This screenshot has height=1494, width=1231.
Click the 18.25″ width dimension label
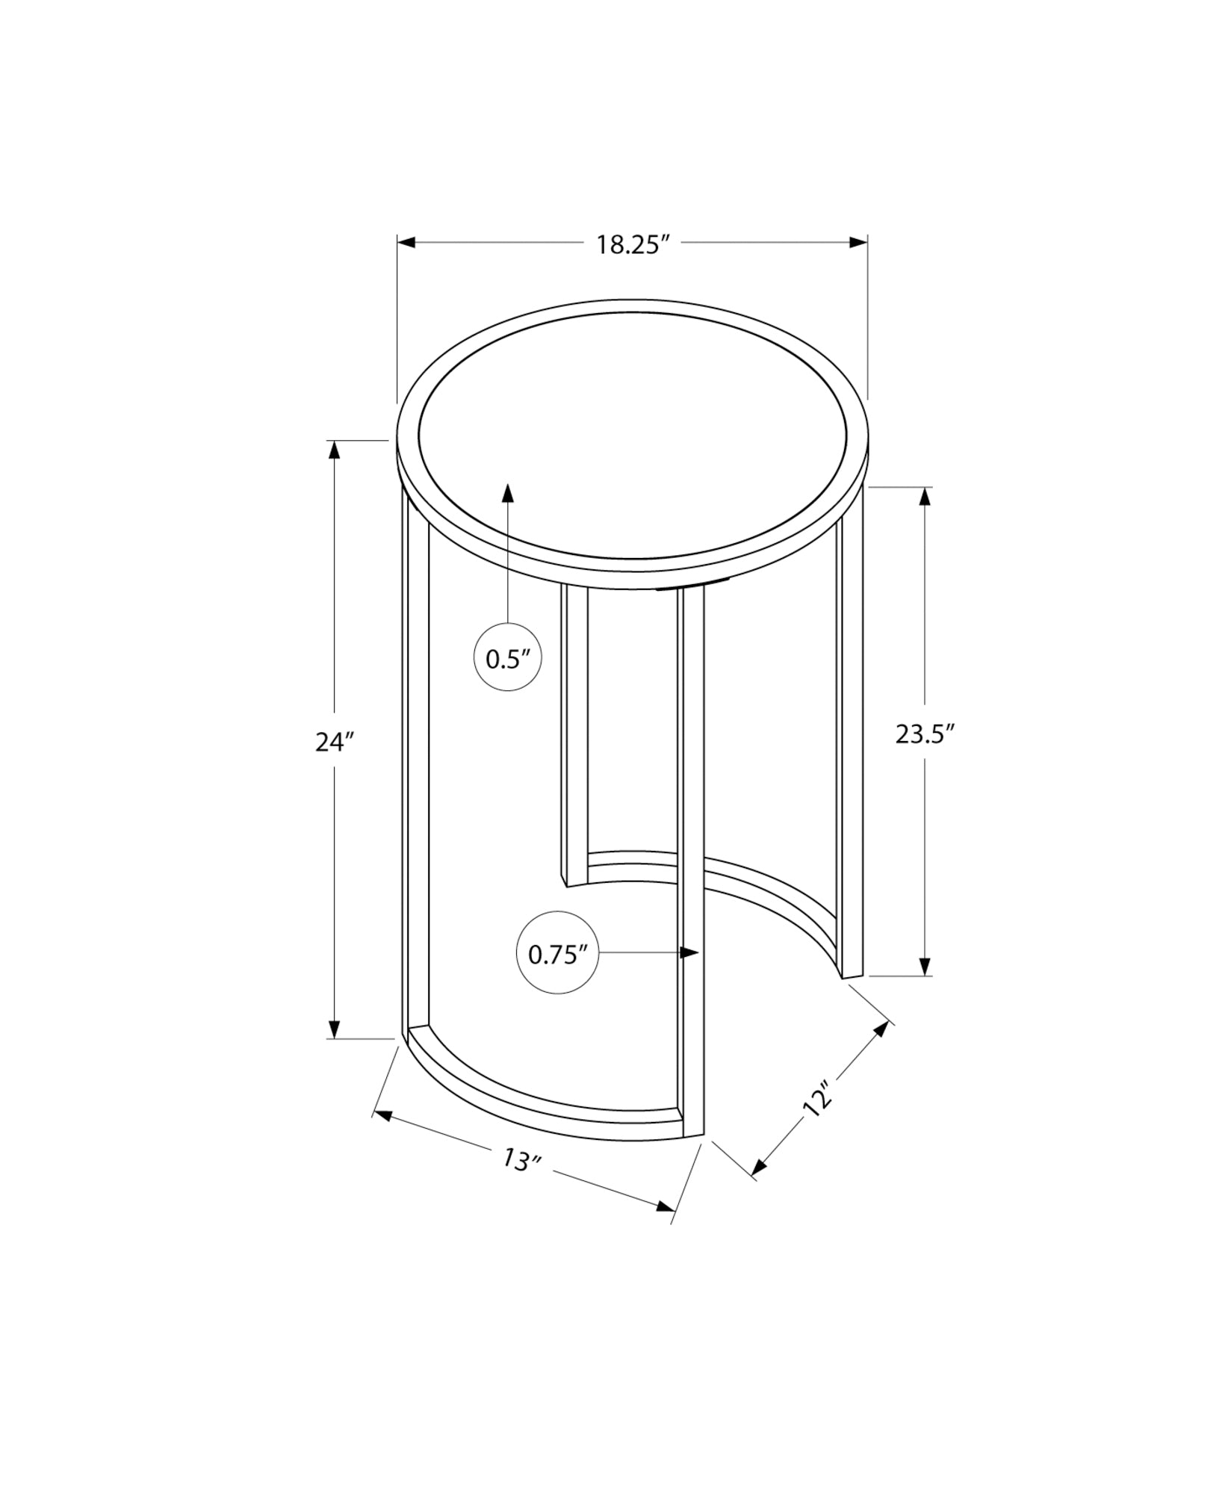(631, 245)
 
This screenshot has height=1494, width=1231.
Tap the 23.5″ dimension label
(925, 734)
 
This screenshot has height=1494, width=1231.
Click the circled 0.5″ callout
(508, 658)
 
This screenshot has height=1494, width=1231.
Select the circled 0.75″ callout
(557, 953)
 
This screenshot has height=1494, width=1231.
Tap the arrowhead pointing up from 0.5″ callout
(508, 494)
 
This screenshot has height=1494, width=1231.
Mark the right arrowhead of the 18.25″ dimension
(858, 242)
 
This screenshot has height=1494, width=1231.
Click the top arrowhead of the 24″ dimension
(334, 450)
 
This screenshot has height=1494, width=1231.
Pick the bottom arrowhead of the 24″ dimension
(334, 1029)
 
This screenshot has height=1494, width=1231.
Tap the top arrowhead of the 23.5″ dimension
(926, 497)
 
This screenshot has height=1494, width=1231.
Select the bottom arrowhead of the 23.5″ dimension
(926, 966)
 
